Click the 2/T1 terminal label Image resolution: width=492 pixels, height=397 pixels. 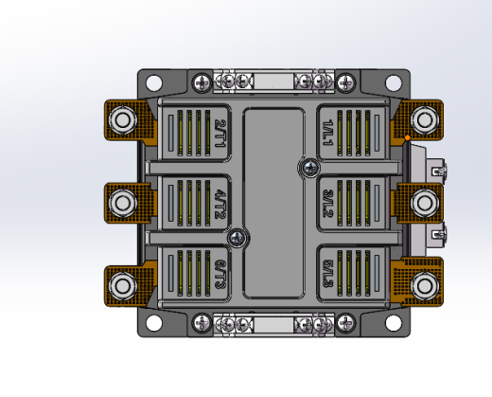click(220, 134)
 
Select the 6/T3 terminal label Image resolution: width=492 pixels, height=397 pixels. click(220, 274)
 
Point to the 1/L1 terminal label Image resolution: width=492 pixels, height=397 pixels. click(328, 133)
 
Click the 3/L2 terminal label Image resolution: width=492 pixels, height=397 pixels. click(328, 204)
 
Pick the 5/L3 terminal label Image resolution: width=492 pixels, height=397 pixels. click(328, 274)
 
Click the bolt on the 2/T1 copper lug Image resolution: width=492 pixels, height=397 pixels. click(123, 119)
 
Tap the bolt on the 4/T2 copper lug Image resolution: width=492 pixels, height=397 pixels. click(123, 203)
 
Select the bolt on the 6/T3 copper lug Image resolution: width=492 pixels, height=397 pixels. click(123, 286)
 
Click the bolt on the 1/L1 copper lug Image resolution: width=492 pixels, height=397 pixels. click(424, 119)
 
